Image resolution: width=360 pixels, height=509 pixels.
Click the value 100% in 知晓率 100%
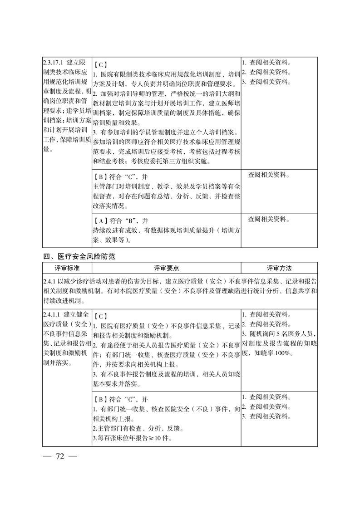[284, 353]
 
